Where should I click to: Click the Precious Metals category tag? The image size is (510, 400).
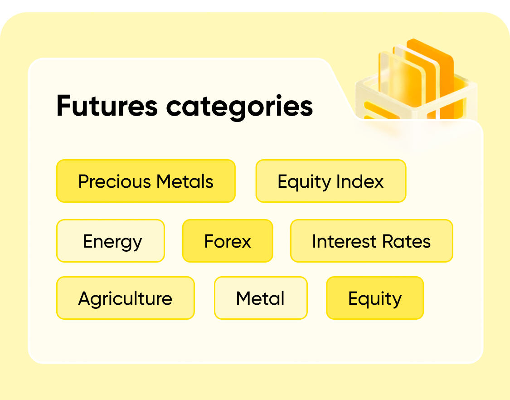(x=146, y=181)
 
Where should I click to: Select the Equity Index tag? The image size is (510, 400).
(x=331, y=181)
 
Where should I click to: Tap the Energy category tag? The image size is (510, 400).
(x=111, y=241)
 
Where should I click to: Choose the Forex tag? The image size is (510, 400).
(x=228, y=241)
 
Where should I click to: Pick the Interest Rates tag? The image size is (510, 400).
(x=371, y=241)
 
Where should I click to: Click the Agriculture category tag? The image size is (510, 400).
(x=125, y=298)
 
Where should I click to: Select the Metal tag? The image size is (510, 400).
(x=261, y=298)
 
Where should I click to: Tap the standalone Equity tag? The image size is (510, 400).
(x=375, y=298)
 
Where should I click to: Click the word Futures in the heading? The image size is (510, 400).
(x=107, y=106)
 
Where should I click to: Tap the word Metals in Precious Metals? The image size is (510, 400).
(x=185, y=181)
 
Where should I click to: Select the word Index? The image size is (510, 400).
(x=360, y=181)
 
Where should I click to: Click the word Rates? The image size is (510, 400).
(x=407, y=242)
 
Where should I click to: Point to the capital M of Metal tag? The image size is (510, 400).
(x=244, y=298)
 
